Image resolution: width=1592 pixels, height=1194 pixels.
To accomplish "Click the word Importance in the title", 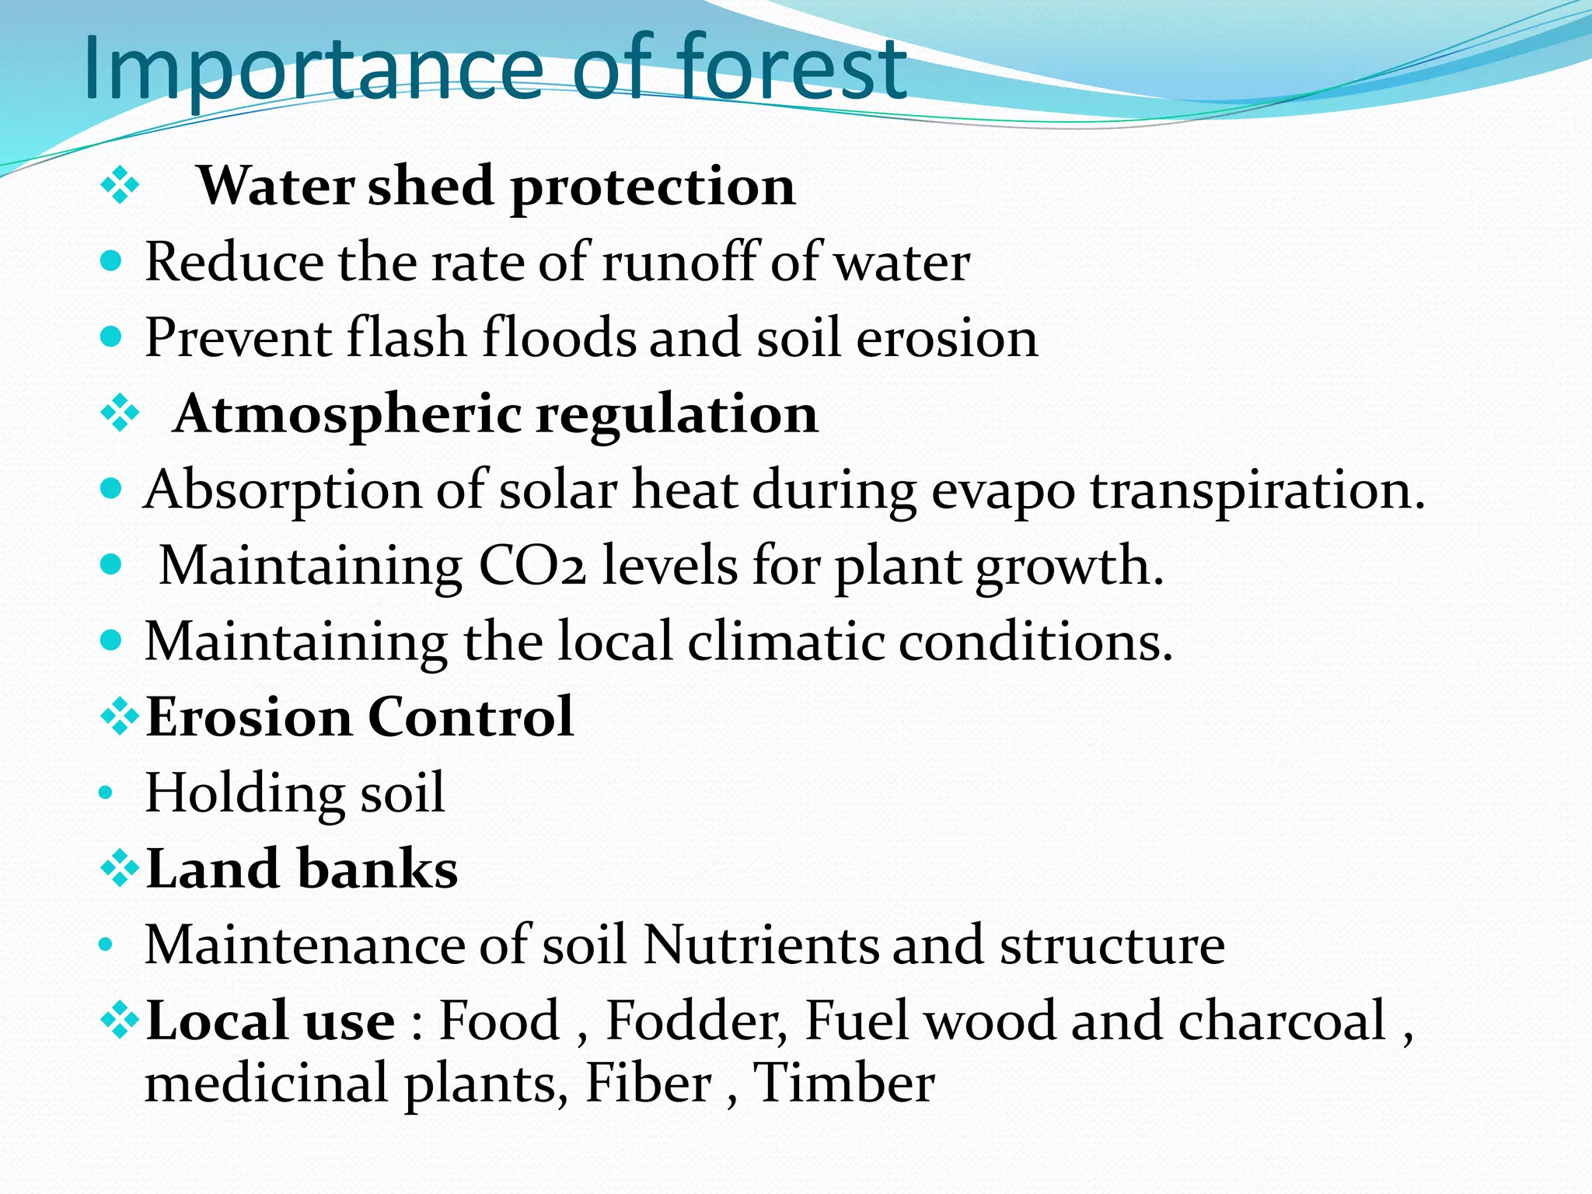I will [311, 70].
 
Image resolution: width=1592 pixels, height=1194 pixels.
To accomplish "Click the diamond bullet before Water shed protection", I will [120, 187].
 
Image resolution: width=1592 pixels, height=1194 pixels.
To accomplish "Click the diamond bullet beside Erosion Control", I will [120, 717].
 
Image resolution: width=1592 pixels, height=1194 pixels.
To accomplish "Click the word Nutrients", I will [759, 944].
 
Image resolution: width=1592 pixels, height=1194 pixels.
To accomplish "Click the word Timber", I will [844, 1083].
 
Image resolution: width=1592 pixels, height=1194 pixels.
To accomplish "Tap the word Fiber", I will [648, 1083].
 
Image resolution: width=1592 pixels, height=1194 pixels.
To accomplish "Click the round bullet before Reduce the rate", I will [112, 262].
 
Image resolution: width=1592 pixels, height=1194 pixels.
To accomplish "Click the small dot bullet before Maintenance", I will [106, 946].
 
